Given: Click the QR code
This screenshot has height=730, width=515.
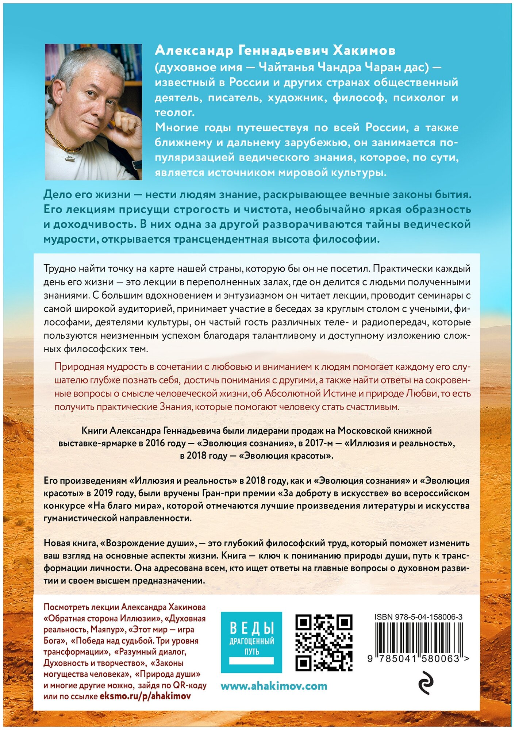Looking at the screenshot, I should pyautogui.click(x=324, y=643).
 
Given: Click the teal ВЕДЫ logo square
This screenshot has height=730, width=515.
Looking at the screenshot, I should pyautogui.click(x=251, y=642).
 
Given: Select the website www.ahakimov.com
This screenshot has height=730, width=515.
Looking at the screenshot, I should pyautogui.click(x=274, y=686).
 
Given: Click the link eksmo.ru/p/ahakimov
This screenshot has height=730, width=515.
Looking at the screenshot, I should pyautogui.click(x=145, y=696).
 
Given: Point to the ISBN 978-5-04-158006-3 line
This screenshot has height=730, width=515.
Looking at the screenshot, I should pyautogui.click(x=418, y=617).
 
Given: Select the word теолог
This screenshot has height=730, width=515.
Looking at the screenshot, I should pyautogui.click(x=174, y=112).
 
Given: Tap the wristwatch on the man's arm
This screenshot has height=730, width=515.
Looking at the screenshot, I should pyautogui.click(x=137, y=164).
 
